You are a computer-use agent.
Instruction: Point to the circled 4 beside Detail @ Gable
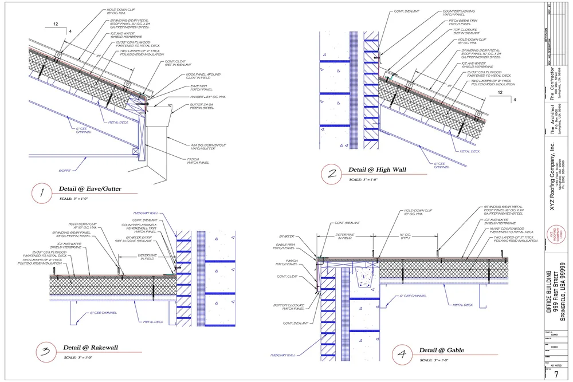[403, 355]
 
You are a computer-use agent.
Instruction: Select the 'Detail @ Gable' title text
[441, 350]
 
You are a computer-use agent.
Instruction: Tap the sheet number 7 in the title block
[556, 375]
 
